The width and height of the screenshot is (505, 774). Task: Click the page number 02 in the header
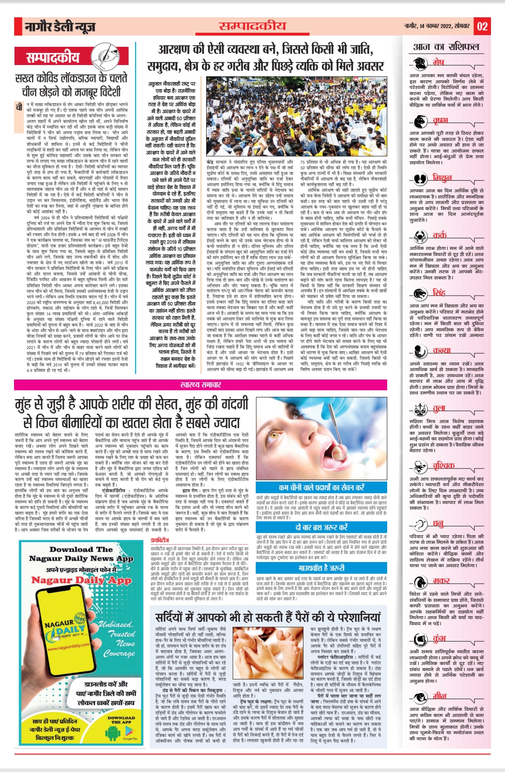(482, 26)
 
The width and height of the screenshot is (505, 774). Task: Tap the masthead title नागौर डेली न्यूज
(60, 27)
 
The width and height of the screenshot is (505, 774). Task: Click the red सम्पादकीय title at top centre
(252, 26)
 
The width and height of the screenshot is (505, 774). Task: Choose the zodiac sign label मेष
(438, 62)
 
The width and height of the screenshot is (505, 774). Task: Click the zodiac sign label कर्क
(440, 235)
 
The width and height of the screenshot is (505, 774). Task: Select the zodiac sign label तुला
(439, 409)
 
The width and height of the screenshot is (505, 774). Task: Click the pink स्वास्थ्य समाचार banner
(201, 385)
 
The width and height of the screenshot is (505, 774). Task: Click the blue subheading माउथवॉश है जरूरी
(321, 568)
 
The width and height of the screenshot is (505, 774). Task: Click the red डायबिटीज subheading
(160, 540)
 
